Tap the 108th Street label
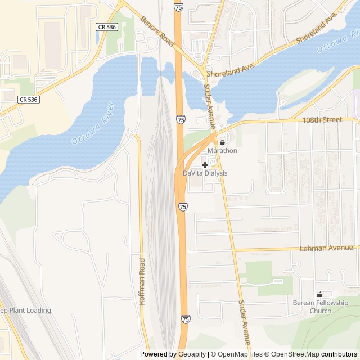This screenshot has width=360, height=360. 322,120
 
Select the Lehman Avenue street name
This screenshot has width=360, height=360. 326,248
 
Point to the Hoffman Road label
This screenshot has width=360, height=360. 142,282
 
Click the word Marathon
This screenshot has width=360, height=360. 222,151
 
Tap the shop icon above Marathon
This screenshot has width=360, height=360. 222,142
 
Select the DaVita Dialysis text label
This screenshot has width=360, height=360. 205,173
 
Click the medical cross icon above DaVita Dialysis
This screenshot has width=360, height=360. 205,165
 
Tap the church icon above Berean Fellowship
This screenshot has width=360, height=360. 321,294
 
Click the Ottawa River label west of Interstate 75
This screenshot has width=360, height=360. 93,123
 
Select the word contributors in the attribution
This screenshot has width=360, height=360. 339,354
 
